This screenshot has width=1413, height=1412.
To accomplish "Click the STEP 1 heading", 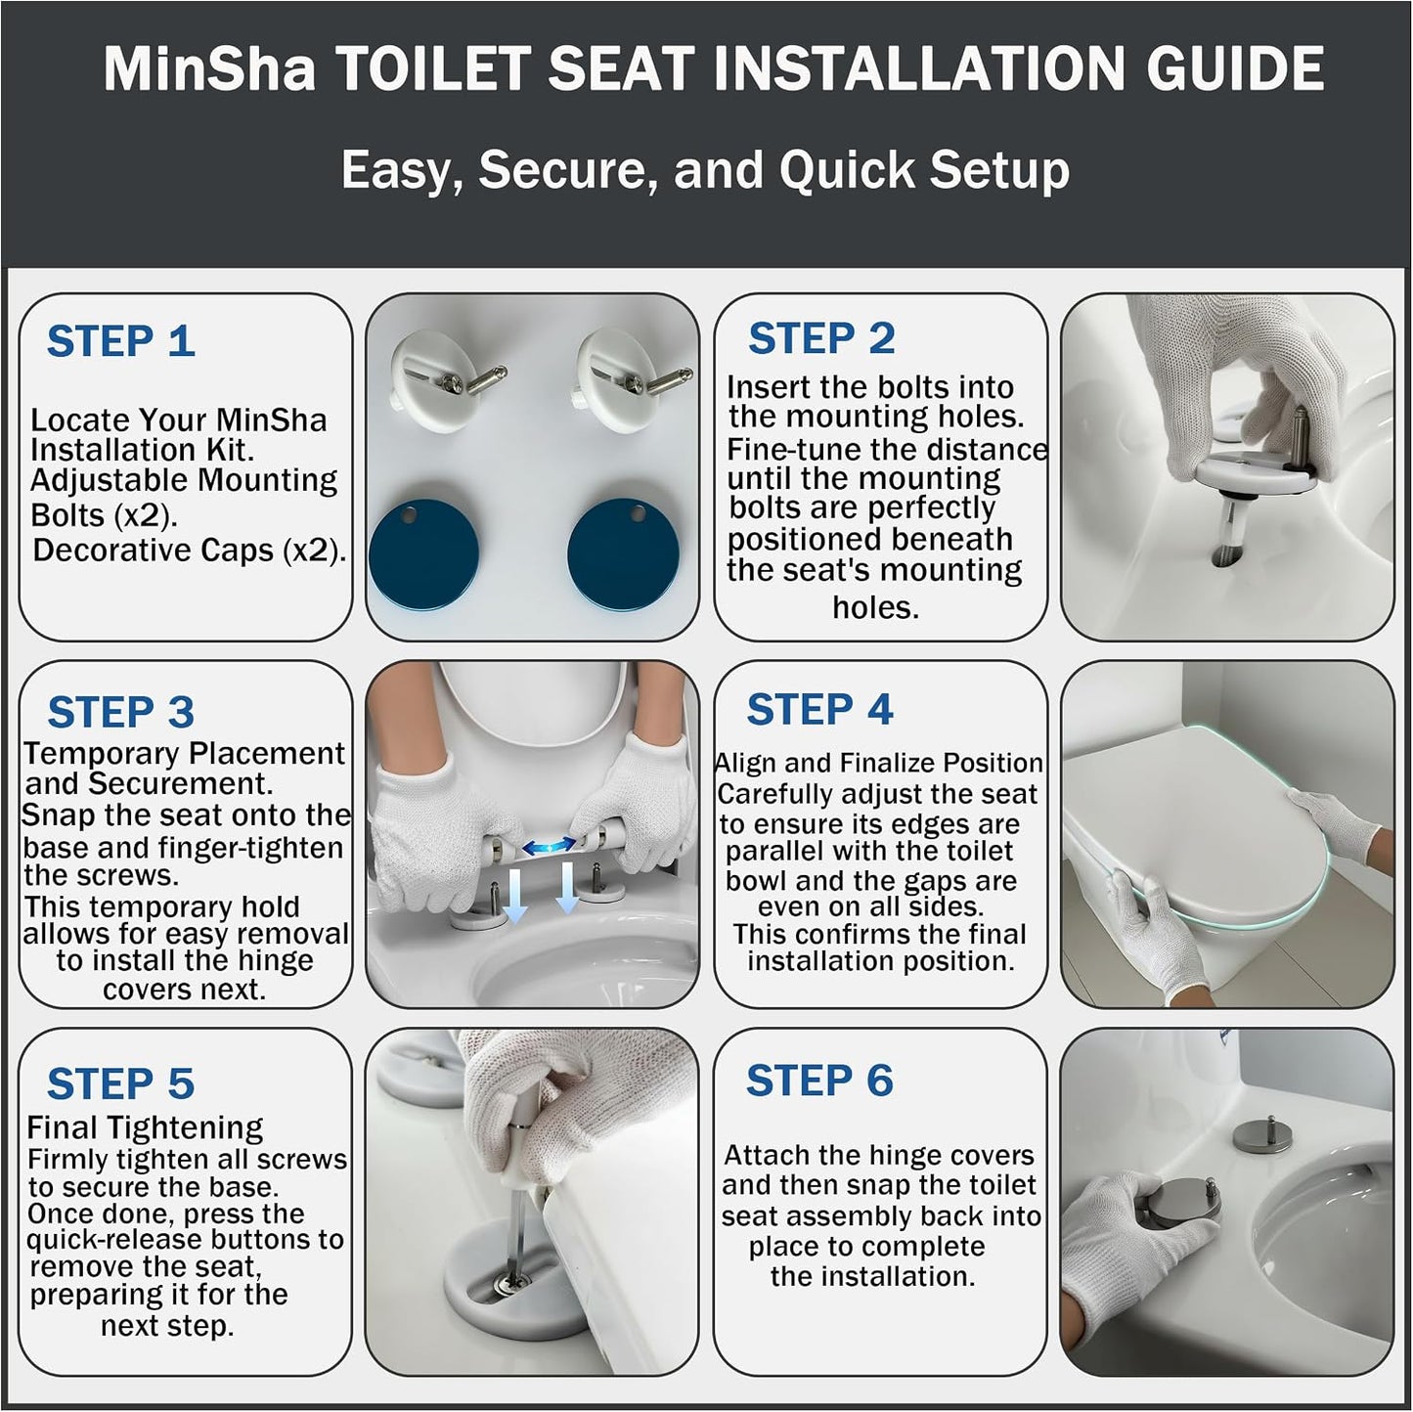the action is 121,341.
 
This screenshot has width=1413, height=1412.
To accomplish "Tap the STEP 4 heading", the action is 819,709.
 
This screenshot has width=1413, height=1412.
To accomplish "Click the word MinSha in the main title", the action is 209,68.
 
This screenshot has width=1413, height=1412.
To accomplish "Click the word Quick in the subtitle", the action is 847,170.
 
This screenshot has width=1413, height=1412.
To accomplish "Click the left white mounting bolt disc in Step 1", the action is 429,381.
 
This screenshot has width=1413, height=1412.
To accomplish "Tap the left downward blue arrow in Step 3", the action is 515,894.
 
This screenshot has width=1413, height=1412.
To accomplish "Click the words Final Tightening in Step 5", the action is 145,1127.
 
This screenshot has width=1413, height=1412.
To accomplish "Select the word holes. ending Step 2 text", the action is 875,607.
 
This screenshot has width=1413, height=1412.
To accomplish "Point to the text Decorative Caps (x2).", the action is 189,551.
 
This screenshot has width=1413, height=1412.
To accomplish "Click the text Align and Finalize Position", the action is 878,763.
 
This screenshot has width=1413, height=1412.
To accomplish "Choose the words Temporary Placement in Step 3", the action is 184,753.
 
